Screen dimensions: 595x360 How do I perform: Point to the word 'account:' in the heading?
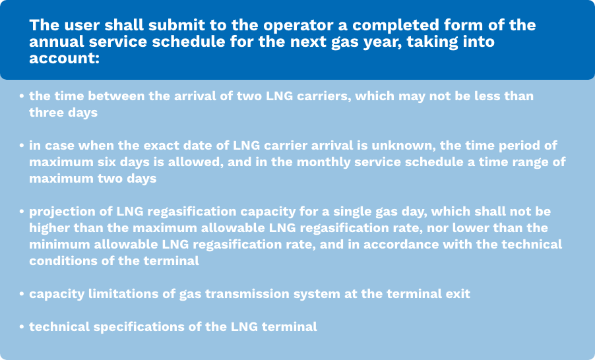[64, 58]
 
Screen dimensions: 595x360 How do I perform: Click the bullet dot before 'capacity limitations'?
[22, 294]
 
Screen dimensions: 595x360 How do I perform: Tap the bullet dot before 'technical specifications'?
[22, 327]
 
